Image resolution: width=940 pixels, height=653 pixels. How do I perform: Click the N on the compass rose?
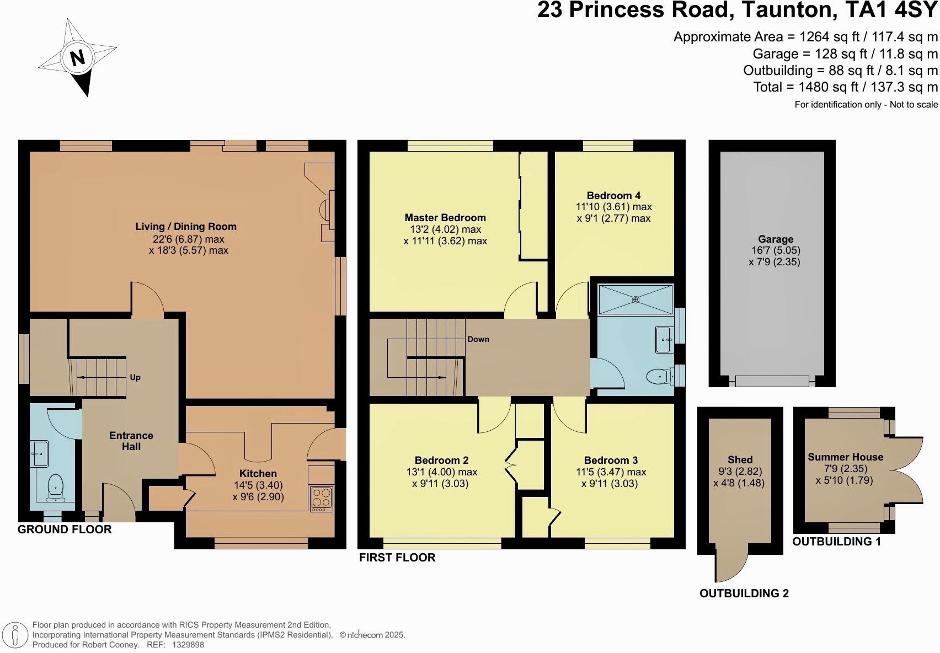click(x=78, y=57)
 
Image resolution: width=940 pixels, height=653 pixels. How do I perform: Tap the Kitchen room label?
click(x=258, y=473)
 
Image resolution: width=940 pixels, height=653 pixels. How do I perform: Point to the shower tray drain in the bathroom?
click(x=635, y=299)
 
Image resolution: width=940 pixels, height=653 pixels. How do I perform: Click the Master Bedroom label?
click(x=445, y=218)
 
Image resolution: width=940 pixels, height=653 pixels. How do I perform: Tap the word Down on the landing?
click(x=478, y=339)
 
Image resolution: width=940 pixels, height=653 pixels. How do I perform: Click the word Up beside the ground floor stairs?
click(x=135, y=378)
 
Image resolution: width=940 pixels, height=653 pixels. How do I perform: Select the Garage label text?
click(x=775, y=239)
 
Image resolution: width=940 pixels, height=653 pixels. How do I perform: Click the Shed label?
click(x=740, y=459)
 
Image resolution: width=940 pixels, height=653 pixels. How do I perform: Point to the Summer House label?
click(x=845, y=457)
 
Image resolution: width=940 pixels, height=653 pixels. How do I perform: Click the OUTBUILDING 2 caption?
click(x=744, y=593)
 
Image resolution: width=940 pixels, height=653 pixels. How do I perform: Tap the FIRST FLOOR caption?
click(x=397, y=558)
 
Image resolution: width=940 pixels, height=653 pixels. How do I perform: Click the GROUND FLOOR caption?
click(x=65, y=529)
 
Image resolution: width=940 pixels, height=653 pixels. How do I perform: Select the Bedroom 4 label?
click(x=613, y=195)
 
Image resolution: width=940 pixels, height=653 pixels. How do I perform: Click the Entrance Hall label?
click(x=131, y=441)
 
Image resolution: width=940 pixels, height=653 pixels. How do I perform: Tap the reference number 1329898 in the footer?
click(x=188, y=644)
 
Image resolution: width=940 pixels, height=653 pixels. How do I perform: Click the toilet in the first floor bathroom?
click(x=658, y=377)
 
